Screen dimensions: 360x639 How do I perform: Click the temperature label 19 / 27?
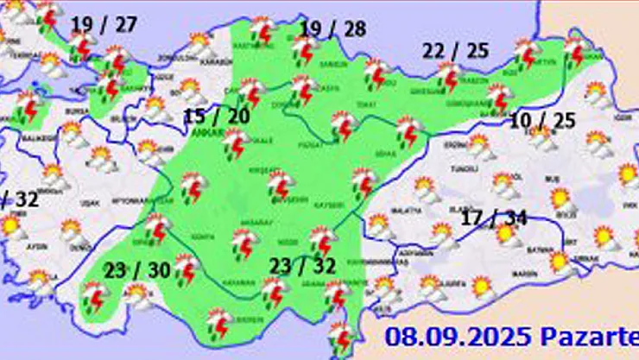[x=104, y=23]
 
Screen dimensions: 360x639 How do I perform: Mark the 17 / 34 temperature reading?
[x=495, y=217]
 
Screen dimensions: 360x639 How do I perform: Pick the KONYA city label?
[x=205, y=237]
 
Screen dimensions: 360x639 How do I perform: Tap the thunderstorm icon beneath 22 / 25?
[x=448, y=78]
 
